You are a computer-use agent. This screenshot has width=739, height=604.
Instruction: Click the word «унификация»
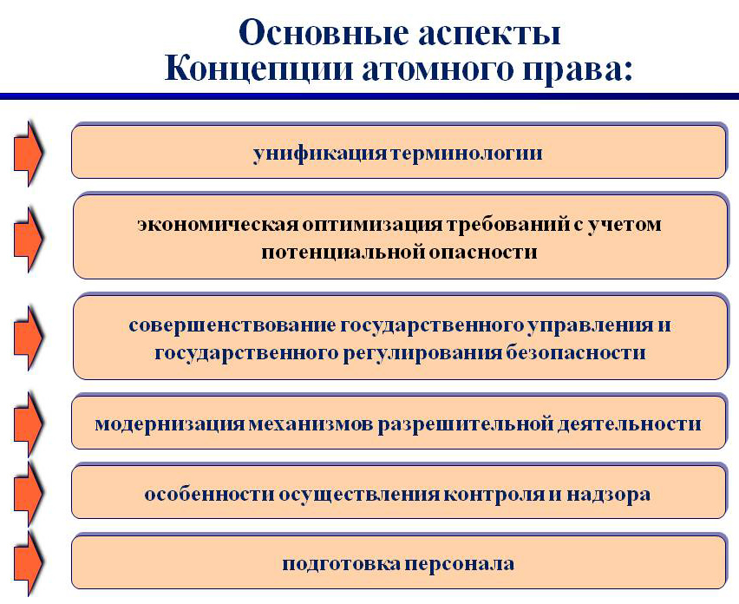320,154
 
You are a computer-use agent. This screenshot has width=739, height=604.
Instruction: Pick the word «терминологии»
467,154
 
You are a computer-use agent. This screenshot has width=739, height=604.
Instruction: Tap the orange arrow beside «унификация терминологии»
29,154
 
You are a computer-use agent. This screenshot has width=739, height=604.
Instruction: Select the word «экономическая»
218,224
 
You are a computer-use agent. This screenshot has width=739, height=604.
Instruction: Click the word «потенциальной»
343,253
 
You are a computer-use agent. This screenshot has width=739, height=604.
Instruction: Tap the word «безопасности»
575,352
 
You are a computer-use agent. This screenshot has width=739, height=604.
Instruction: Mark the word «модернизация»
170,424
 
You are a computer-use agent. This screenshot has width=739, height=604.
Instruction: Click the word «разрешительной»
466,424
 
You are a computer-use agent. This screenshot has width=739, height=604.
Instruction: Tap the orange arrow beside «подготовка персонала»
29,563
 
